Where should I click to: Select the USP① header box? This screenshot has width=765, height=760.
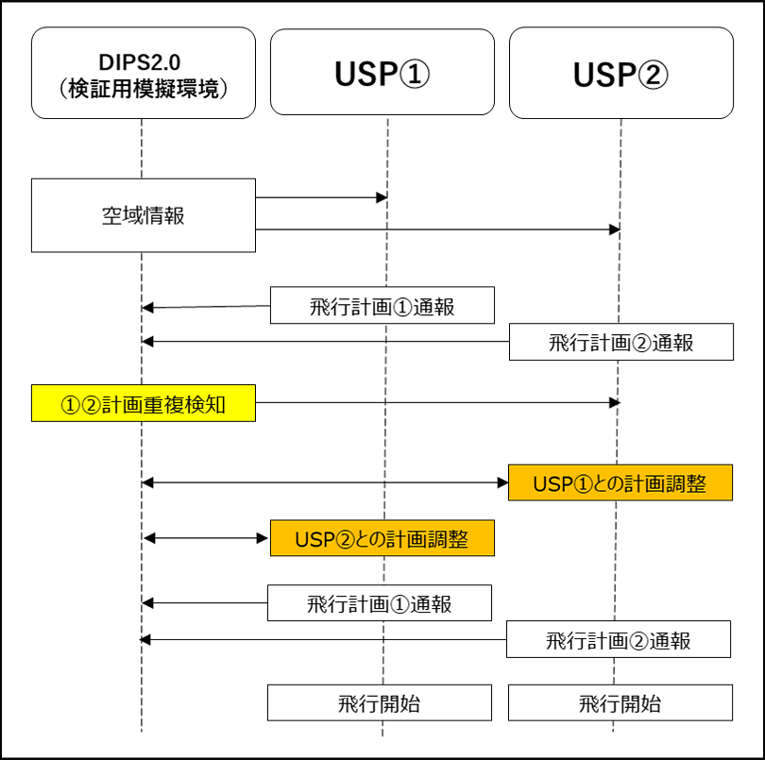pos(382,73)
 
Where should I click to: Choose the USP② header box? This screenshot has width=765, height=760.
pos(620,73)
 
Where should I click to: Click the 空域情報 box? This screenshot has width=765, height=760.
pos(144,215)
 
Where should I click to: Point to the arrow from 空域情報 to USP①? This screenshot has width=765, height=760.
pos(321,197)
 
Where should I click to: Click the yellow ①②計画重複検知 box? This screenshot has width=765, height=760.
pos(144,402)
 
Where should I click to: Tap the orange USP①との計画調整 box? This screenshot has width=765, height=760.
pos(620,482)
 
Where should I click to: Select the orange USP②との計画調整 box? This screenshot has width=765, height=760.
pos(382,538)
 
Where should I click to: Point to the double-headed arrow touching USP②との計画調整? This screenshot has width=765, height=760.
pos(207,538)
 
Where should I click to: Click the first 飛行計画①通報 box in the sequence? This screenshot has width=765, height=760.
pos(382,305)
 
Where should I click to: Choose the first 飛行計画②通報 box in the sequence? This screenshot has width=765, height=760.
pos(620,342)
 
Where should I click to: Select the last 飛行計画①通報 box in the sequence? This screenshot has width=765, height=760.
pos(379,602)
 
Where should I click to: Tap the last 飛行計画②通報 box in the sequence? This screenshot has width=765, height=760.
pos(619,639)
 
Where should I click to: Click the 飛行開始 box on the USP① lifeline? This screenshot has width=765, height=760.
pos(379,702)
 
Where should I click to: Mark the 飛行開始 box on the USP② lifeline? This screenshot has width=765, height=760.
pos(620,702)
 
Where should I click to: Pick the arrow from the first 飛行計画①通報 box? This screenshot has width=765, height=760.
pos(207,306)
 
